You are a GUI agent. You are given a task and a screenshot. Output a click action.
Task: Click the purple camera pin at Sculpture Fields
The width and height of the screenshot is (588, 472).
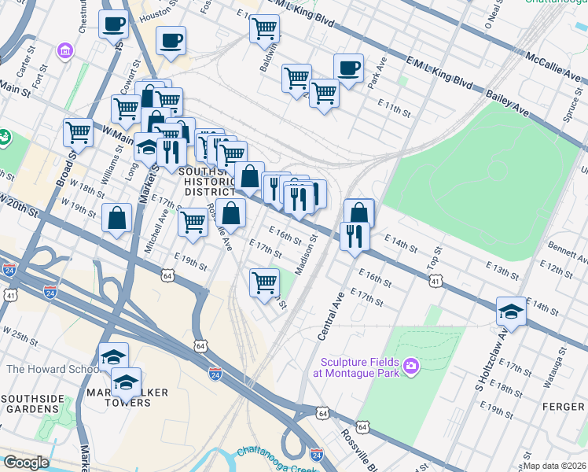[411, 366]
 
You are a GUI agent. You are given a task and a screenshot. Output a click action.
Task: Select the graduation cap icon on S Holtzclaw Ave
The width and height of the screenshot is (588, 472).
[511, 312]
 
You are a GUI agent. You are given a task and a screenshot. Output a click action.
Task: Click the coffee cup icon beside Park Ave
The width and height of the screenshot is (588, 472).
[348, 68]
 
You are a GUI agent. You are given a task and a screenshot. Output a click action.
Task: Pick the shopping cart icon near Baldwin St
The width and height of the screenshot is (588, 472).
[265, 29]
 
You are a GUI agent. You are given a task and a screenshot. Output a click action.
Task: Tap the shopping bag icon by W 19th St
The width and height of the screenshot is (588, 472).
[116, 219]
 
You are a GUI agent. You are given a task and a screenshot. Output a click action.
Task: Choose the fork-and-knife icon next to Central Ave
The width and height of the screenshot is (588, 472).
[355, 235]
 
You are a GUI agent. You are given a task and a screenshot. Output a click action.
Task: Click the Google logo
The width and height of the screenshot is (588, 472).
[27, 462]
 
